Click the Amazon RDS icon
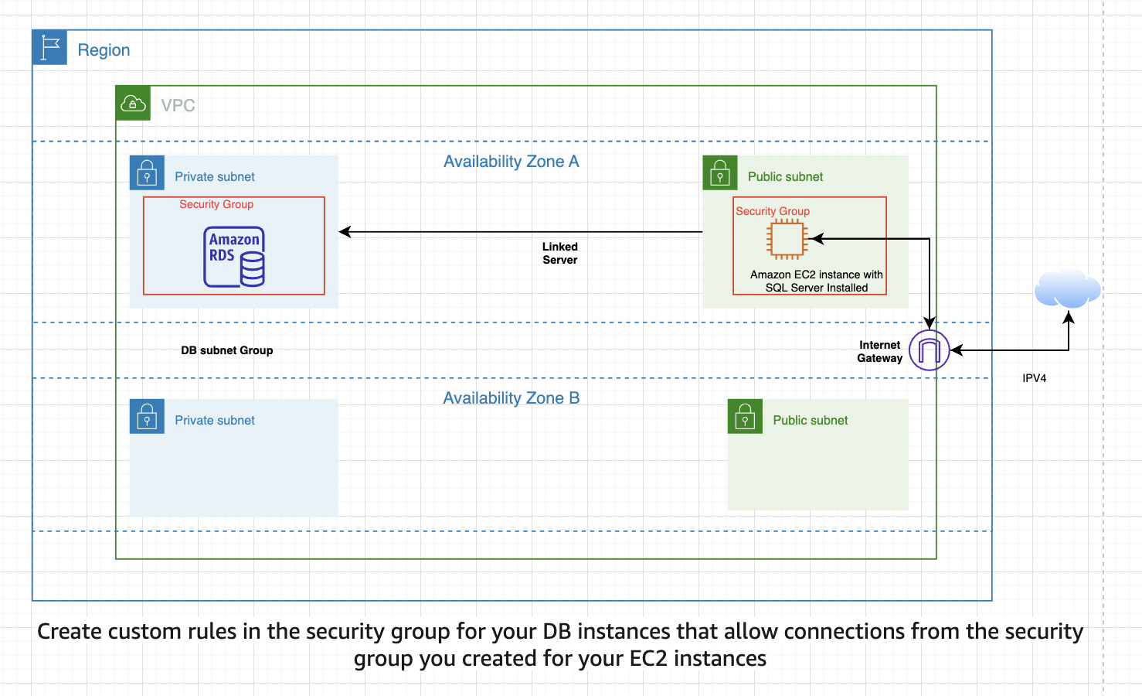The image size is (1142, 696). (x=234, y=257)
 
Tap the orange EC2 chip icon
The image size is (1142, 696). (x=787, y=239)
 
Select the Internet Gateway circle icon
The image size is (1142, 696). (x=929, y=350)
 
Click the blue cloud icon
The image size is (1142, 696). (x=1067, y=288)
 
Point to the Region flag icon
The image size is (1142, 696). (x=50, y=48)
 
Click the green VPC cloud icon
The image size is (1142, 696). (x=133, y=104)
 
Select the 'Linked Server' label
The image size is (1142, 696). (x=560, y=254)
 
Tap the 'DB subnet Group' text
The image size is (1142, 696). (x=227, y=350)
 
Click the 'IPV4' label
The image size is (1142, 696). (x=1034, y=378)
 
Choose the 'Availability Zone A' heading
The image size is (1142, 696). (x=511, y=162)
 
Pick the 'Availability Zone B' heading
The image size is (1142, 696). (x=511, y=398)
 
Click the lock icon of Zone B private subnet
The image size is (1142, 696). (x=147, y=417)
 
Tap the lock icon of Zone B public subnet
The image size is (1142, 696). (x=745, y=417)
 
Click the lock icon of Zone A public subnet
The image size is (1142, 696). (x=720, y=173)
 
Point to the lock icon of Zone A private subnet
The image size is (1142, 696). (x=147, y=173)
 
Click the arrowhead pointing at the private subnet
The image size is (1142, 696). (x=345, y=232)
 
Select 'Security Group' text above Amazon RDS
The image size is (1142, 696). (x=216, y=204)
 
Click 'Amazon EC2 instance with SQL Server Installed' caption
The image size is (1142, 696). (x=817, y=281)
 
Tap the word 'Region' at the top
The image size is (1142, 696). (x=104, y=50)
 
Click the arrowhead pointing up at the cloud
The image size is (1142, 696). (x=1069, y=316)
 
